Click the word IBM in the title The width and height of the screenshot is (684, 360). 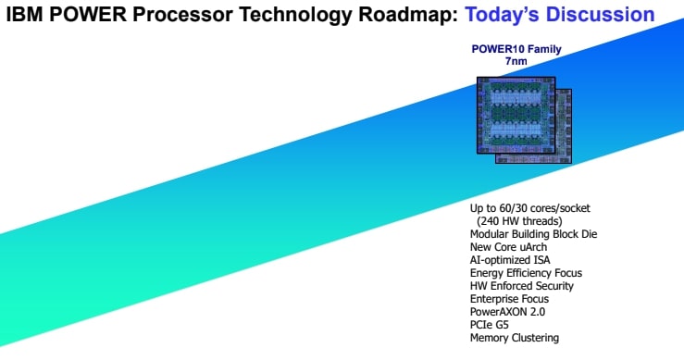(x=24, y=15)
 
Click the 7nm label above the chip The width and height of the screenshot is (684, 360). (x=517, y=61)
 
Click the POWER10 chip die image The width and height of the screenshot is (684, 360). (x=522, y=119)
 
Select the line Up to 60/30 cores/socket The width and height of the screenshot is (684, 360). (x=530, y=208)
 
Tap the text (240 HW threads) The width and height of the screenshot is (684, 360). (x=524, y=221)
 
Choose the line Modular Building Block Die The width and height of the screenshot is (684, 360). (x=534, y=234)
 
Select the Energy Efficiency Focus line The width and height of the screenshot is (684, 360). (x=526, y=273)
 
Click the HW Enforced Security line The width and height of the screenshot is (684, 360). (x=522, y=286)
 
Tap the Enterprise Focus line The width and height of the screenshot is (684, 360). (x=509, y=299)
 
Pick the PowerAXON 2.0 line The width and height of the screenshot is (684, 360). (x=507, y=312)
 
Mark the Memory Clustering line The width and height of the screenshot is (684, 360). (x=515, y=338)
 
